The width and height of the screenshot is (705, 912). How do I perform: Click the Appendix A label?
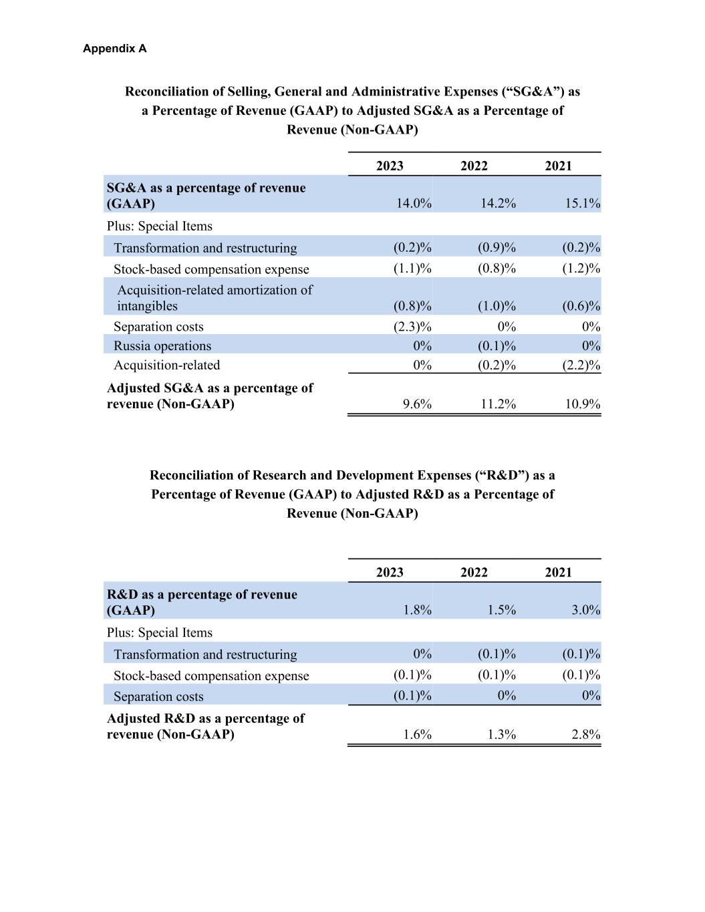(115, 49)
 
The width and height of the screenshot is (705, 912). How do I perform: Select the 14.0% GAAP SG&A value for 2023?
(414, 203)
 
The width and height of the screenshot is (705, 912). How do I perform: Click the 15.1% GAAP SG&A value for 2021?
(581, 203)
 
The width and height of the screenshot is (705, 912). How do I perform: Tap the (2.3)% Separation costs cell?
(412, 327)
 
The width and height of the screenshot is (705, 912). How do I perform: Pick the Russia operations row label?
(162, 346)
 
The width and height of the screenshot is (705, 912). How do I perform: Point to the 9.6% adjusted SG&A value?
(417, 404)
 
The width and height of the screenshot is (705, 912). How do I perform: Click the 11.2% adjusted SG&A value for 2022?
(498, 404)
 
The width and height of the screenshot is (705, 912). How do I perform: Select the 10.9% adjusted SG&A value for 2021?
(581, 404)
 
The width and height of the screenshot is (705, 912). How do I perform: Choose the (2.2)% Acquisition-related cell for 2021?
(581, 365)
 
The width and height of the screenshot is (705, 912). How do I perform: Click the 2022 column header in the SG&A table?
(474, 166)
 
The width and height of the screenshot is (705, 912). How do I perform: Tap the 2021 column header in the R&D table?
(558, 572)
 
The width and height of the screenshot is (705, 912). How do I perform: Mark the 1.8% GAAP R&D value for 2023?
(417, 610)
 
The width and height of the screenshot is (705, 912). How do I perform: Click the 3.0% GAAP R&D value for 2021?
(585, 610)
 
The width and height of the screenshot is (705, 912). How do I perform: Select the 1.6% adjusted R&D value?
(417, 735)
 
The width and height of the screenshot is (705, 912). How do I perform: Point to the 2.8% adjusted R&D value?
(585, 735)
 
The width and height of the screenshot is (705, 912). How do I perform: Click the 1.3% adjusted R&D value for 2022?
(501, 735)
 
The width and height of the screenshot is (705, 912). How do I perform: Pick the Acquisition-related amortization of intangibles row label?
(215, 298)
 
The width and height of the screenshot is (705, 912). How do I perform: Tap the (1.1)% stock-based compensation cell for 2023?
(412, 269)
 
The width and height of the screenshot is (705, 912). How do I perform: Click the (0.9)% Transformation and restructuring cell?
(497, 248)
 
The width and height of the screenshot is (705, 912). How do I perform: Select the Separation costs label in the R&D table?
(158, 696)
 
